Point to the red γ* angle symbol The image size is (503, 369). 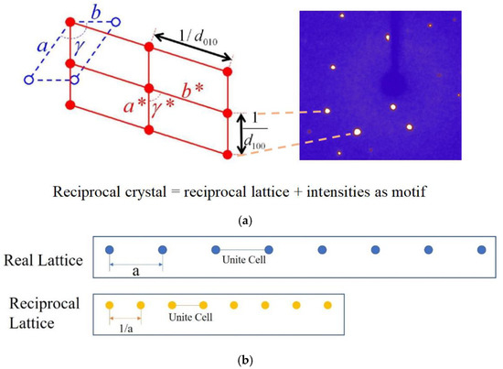(x=163, y=104)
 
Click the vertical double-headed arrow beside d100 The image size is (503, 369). (x=242, y=134)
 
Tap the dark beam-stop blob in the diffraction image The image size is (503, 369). (x=395, y=87)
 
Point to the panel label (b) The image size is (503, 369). (x=251, y=361)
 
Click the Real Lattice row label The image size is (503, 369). (x=45, y=262)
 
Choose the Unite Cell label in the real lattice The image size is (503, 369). (x=241, y=260)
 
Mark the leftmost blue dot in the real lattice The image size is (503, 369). (x=109, y=250)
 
